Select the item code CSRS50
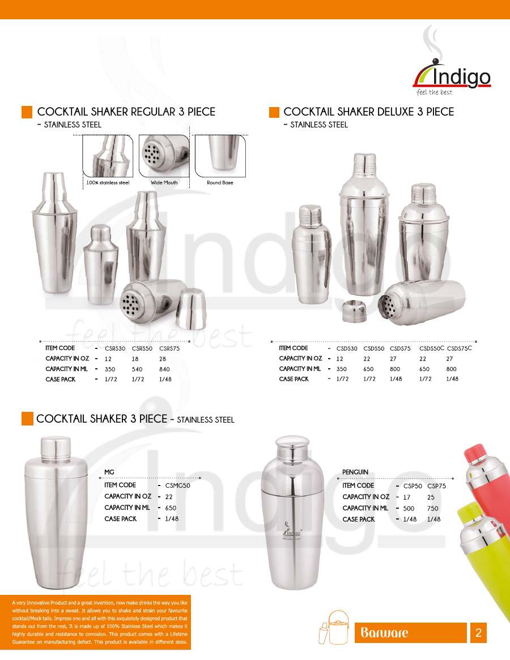pyautogui.click(x=142, y=348)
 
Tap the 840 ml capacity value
pyautogui.click(x=164, y=369)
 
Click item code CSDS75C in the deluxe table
pyautogui.click(x=460, y=348)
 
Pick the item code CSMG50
pyautogui.click(x=178, y=486)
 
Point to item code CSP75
pyautogui.click(x=437, y=486)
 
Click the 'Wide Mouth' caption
pyautogui.click(x=164, y=182)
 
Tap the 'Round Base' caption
pyautogui.click(x=220, y=182)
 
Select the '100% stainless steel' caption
pyautogui.click(x=108, y=182)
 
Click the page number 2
pyautogui.click(x=478, y=633)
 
